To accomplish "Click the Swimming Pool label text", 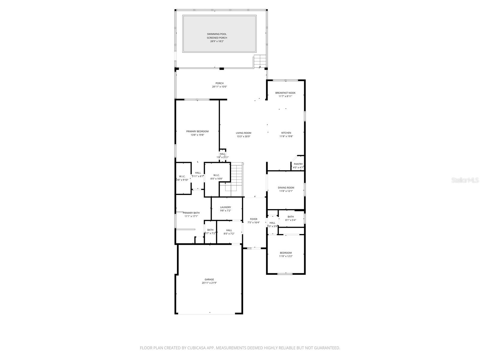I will click(217, 34).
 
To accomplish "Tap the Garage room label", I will click(209, 279).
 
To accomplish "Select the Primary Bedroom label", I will click(197, 131).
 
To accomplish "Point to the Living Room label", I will click(243, 133).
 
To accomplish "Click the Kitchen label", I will click(286, 133).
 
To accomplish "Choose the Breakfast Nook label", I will click(285, 93).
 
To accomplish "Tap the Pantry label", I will click(298, 164).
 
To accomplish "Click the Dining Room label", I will click(286, 188).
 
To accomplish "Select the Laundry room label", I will click(225, 207).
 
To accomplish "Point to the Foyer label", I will click(253, 219).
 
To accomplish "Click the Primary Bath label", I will click(191, 213).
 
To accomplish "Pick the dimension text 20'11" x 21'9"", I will click(209, 283).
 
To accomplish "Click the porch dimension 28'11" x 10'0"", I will click(219, 87).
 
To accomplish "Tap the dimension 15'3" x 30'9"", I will click(243, 136).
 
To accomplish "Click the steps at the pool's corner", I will click(260, 61).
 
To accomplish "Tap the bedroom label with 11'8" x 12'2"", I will click(286, 253).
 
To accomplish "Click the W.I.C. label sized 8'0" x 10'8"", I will click(216, 175).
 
